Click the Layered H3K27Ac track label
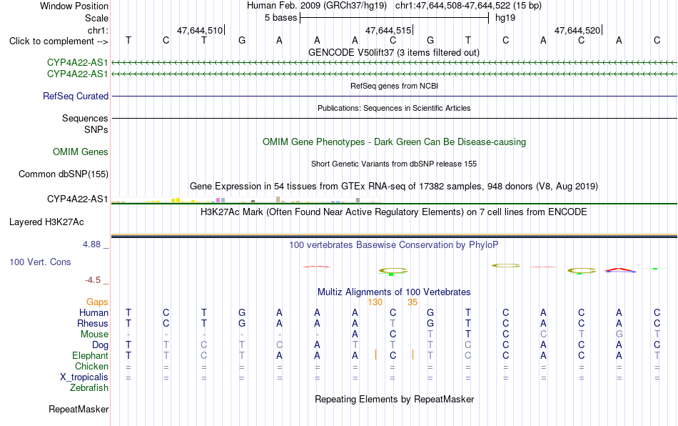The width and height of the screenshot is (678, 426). pos(46,222)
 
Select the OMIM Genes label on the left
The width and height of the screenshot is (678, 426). pos(81,152)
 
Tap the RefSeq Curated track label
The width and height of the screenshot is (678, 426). pos(76,96)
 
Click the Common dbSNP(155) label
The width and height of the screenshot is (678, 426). pos(64,174)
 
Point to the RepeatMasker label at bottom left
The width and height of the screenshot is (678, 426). pos(79,409)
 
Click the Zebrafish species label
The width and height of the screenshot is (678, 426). pos(89,388)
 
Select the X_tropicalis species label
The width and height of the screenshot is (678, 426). pos(84,377)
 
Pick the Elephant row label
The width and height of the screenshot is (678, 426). pos(91,355)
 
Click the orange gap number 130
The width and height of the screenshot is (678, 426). pos(375,302)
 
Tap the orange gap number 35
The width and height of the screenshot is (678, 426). pos(413,302)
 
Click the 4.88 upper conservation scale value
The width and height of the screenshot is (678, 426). pos(91,244)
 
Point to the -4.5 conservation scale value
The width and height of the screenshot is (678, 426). pos(93,280)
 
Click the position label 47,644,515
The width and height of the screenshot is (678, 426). pos(388,30)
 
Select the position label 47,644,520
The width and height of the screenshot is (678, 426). pos(577,30)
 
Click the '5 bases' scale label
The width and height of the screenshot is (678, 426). pos(281,18)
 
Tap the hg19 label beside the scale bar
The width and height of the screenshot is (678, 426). pos(505,18)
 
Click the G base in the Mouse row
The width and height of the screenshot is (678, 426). pos(619,335)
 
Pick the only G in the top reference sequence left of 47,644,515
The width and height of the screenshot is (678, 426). pos(242,41)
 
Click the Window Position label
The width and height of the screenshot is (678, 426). pos(74,6)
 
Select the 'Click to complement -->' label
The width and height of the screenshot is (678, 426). pos(59,41)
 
